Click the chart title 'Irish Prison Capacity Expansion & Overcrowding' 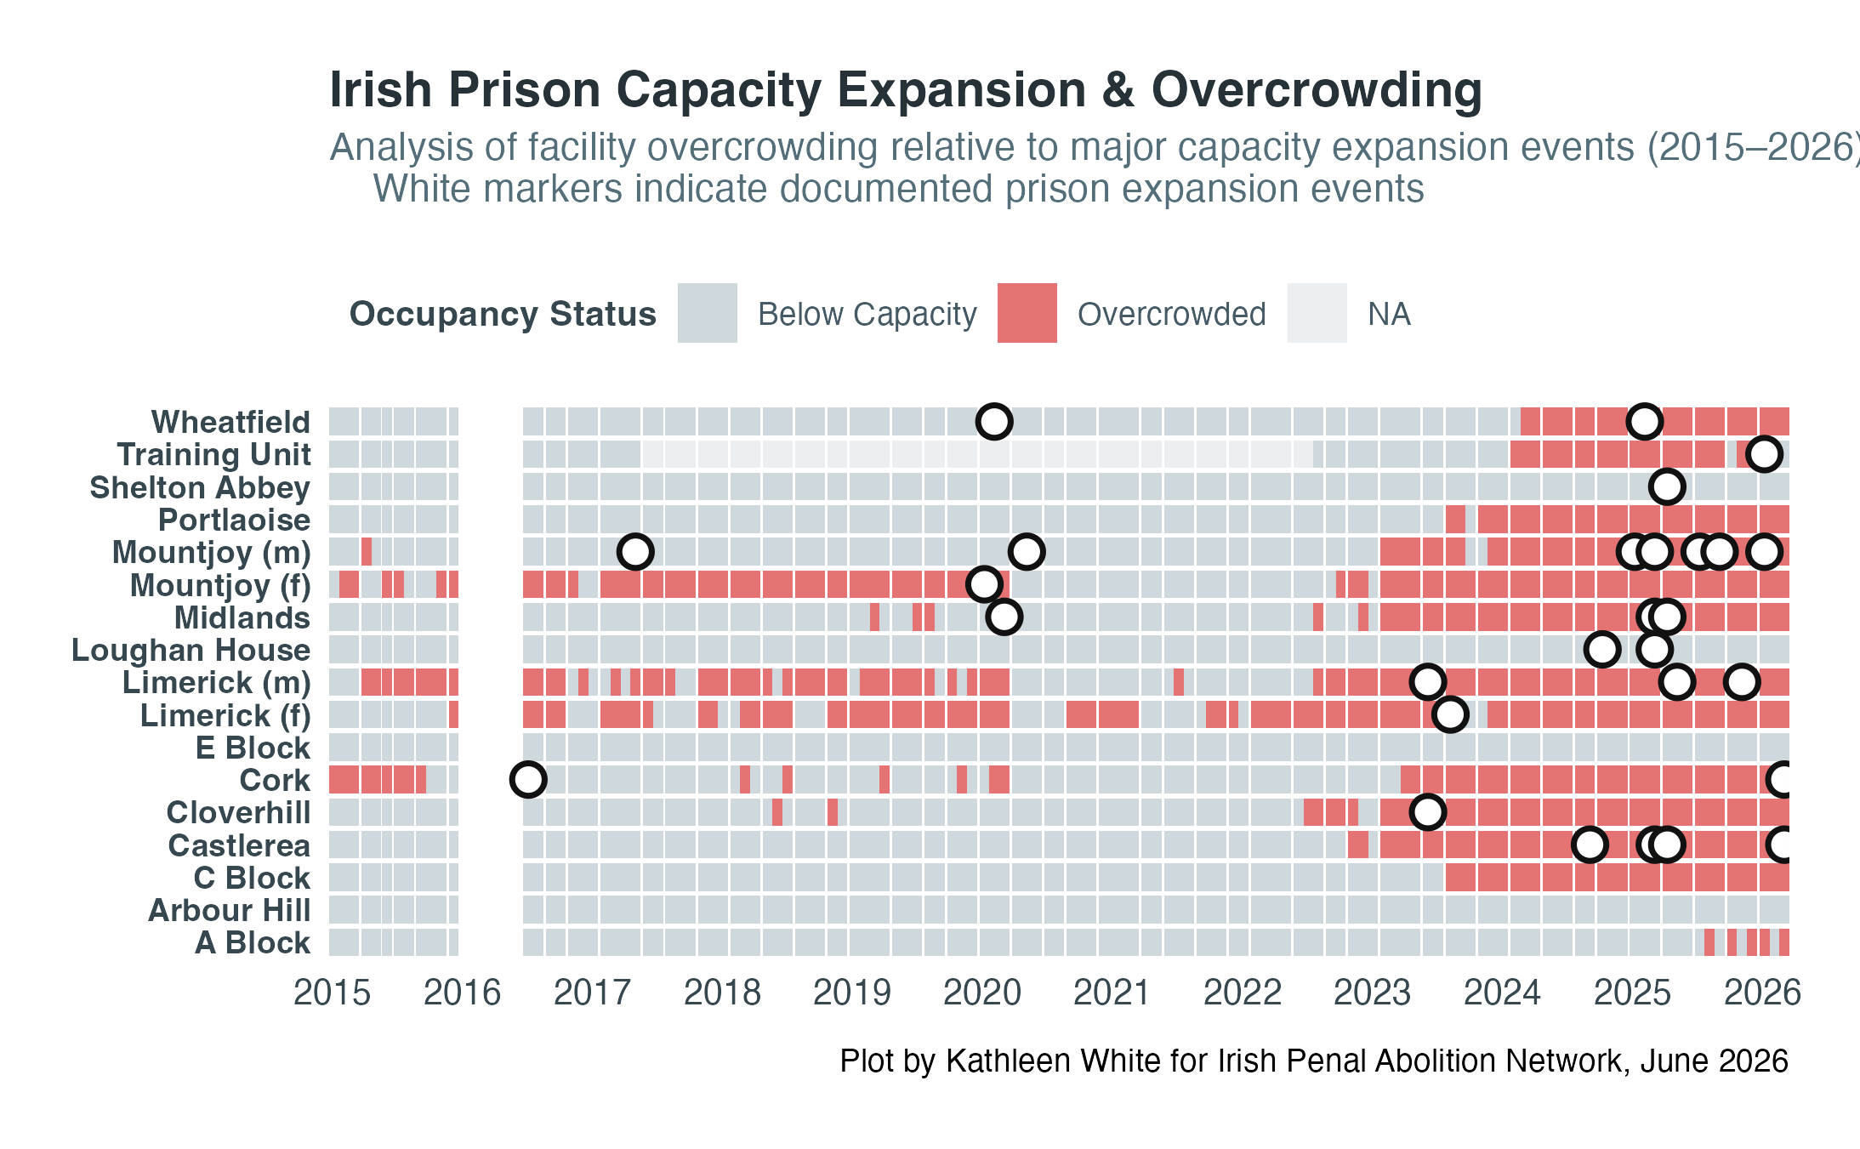click(x=906, y=90)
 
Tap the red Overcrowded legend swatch click(x=1027, y=313)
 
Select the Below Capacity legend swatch click(x=708, y=313)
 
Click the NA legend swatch click(x=1317, y=313)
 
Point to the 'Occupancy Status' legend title click(x=503, y=314)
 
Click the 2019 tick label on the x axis click(x=852, y=993)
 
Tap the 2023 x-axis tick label click(x=1373, y=993)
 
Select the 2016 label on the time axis click(x=463, y=993)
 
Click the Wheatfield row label click(x=230, y=422)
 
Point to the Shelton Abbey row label click(x=200, y=487)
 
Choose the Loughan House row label click(x=191, y=650)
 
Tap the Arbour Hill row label click(x=230, y=910)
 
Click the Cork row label click(x=275, y=780)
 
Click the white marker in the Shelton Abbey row click(x=1667, y=486)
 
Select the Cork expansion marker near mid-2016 click(x=528, y=779)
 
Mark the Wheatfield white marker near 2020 click(x=994, y=421)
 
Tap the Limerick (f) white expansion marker click(x=1450, y=714)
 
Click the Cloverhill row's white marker click(x=1428, y=812)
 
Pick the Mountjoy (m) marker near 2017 click(x=635, y=551)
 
